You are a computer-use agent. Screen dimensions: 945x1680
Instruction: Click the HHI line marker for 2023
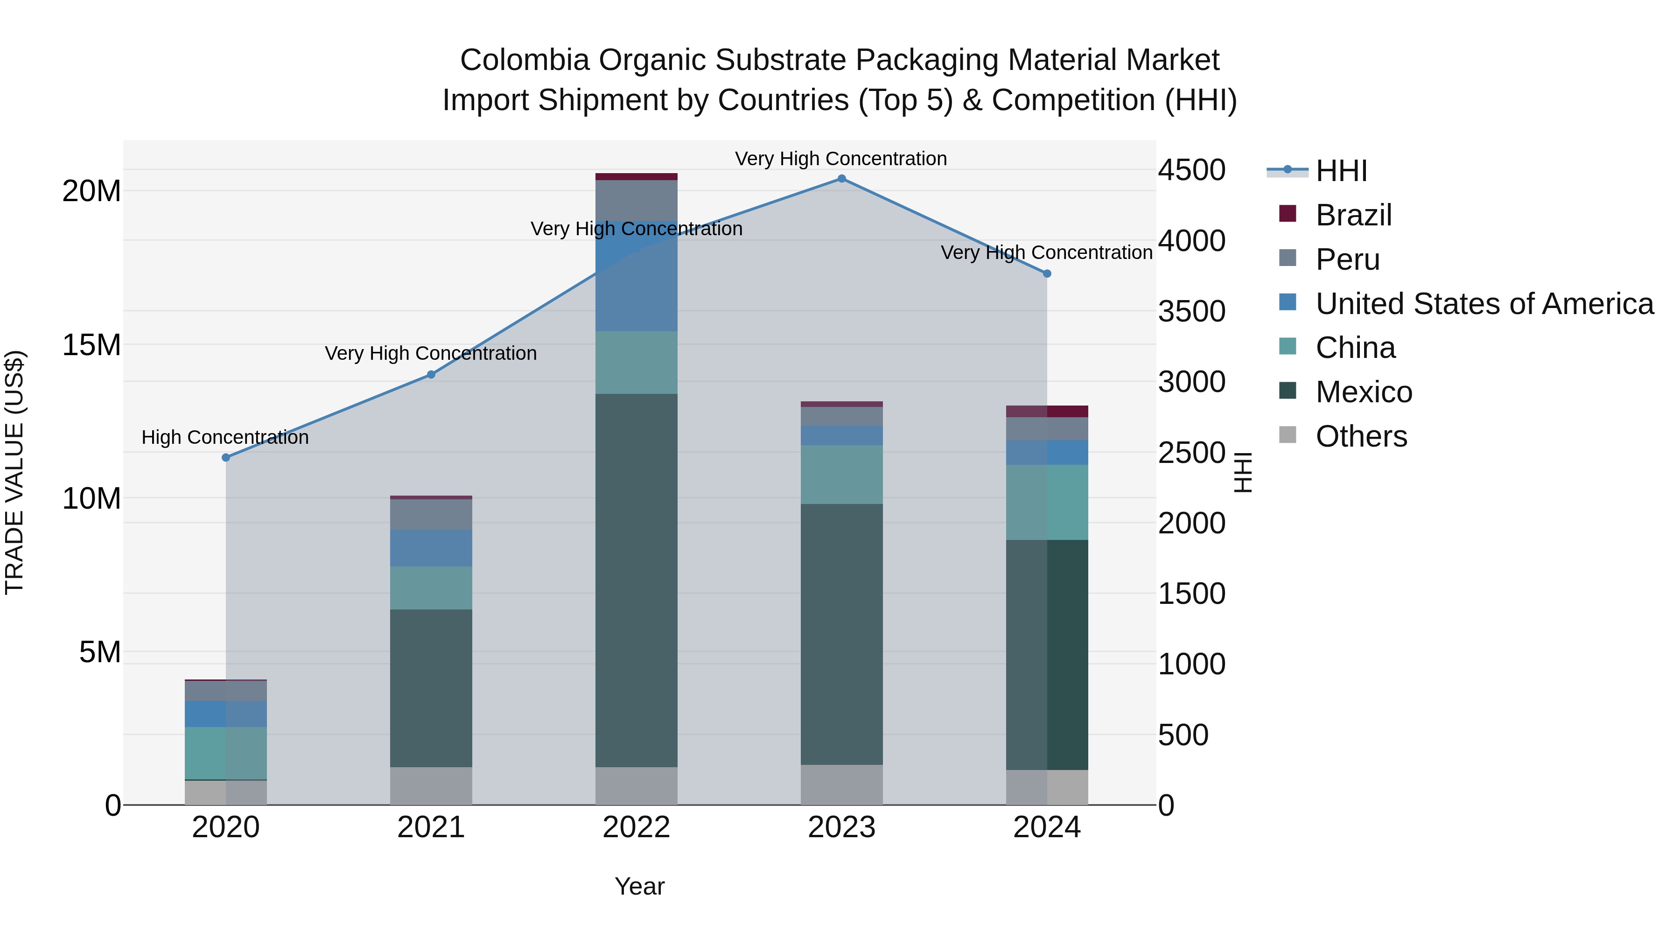(x=841, y=179)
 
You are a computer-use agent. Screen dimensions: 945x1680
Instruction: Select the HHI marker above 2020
(x=226, y=458)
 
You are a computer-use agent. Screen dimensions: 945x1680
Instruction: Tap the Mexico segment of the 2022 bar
(x=636, y=581)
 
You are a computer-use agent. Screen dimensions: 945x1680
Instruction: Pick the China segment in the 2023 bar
(x=841, y=475)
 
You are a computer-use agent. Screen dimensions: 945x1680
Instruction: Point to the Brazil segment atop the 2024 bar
(x=1047, y=412)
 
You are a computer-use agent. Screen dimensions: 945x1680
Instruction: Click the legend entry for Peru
(x=1347, y=259)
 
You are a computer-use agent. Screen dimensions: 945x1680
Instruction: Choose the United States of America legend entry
(x=1484, y=304)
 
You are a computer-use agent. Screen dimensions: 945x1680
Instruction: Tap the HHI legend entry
(x=1341, y=171)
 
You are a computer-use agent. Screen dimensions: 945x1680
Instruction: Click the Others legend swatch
(x=1288, y=435)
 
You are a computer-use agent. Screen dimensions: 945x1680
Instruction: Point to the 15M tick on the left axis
(x=91, y=345)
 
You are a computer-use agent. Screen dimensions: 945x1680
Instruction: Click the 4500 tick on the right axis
(x=1191, y=170)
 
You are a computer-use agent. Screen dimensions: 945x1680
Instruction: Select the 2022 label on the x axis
(x=636, y=827)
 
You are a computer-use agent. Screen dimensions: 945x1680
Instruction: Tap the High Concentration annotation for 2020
(x=225, y=438)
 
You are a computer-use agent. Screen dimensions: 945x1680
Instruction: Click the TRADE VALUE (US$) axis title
(x=14, y=473)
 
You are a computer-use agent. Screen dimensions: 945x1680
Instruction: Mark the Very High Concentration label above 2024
(x=1046, y=252)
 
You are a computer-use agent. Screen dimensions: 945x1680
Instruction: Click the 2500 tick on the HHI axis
(x=1191, y=453)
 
